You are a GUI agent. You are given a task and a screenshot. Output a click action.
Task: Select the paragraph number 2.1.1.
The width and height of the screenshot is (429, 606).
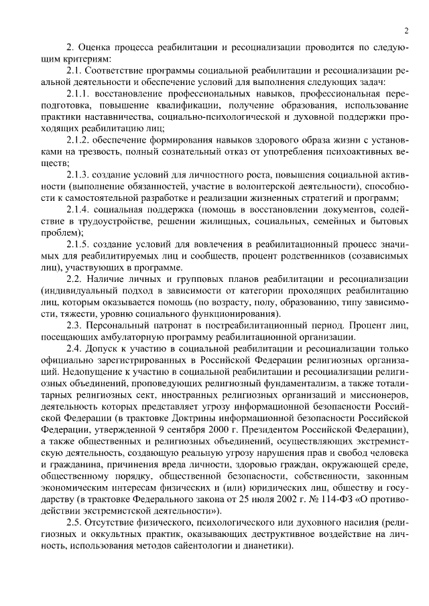pyautogui.click(x=80, y=92)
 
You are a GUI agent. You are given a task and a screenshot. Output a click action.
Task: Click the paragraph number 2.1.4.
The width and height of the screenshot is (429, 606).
pyautogui.click(x=80, y=210)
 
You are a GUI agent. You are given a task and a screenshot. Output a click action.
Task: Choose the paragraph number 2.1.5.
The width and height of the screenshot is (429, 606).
pyautogui.click(x=80, y=244)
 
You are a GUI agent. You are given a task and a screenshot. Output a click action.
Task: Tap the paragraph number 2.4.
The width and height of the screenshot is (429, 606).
pyautogui.click(x=76, y=350)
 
